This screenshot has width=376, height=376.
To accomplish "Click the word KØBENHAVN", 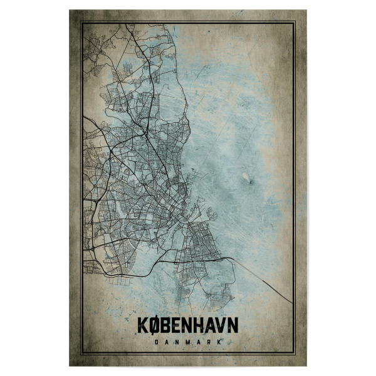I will coord(187,326).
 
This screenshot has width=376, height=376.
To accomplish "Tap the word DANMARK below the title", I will coord(187,342).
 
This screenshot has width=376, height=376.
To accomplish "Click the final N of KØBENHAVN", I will coord(234,326).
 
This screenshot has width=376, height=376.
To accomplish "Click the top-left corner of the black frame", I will coord(82,23).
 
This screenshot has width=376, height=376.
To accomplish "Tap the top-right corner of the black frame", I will coord(294,23).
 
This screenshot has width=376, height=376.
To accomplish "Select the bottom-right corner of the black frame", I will coord(294,353).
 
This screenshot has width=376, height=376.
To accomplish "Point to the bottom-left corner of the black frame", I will coord(82,353).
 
